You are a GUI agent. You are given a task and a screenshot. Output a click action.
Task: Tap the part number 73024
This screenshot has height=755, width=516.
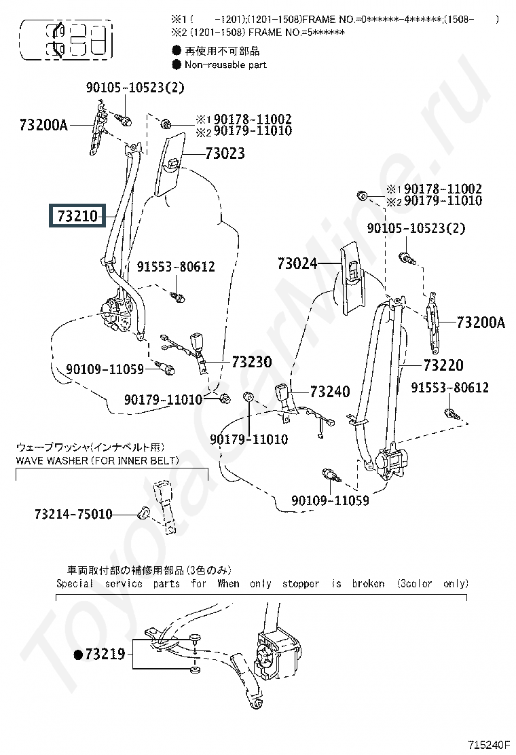pos(297,263)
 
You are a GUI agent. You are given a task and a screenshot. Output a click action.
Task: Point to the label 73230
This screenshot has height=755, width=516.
pos(251,362)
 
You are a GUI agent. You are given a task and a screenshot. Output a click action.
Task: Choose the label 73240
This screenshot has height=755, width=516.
pos(330,392)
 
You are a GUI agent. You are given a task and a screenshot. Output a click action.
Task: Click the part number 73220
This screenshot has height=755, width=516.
pos(443,365)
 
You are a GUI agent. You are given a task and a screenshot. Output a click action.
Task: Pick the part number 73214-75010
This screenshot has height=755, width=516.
pos(73,515)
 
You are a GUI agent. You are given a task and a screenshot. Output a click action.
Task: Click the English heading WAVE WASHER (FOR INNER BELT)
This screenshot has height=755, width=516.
pos(98,461)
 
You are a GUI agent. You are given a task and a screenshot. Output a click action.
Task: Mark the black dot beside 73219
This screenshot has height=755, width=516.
pos(78,655)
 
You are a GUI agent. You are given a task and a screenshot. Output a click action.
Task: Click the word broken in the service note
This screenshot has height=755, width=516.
pos(368,583)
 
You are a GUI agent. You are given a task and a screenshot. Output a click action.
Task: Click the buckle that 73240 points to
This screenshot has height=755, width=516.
pos(282,394)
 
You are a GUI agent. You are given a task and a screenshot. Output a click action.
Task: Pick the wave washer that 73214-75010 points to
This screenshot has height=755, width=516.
pos(143,511)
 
